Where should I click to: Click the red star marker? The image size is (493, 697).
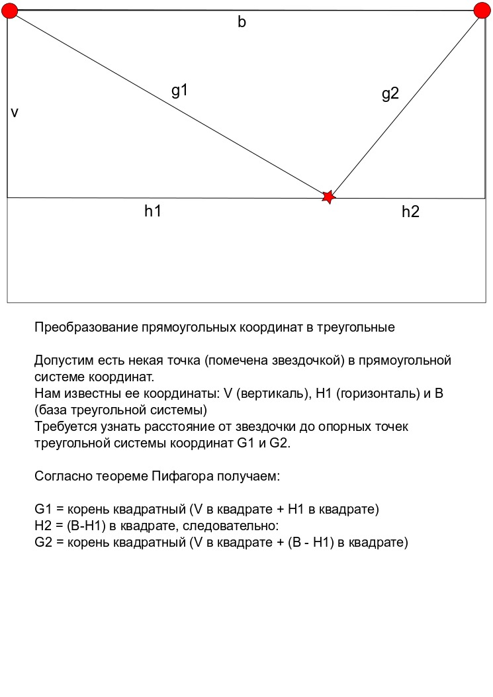coord(328,197)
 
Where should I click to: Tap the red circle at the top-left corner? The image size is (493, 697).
coord(10,10)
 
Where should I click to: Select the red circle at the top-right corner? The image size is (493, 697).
coord(482,10)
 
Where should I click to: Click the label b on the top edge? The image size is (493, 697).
coord(242,23)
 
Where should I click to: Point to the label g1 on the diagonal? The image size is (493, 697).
coord(180,91)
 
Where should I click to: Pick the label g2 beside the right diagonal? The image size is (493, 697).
coord(390,94)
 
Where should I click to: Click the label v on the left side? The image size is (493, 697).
coord(14,113)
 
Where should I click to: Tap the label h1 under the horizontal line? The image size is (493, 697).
coord(153,212)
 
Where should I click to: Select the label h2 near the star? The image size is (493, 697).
coord(410,212)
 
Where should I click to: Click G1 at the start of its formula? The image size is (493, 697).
coord(42,510)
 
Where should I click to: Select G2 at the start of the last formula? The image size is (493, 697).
coord(42,543)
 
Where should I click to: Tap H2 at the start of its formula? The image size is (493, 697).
coord(42,526)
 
